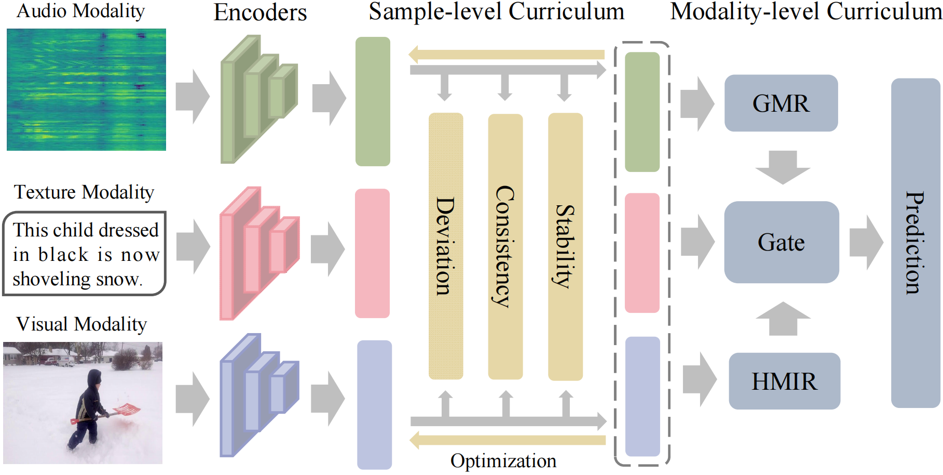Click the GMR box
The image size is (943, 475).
coord(781,103)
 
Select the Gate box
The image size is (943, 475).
coord(781,242)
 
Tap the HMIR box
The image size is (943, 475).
coord(784,381)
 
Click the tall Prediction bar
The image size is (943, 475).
coord(915,243)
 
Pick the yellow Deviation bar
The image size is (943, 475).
coord(445,246)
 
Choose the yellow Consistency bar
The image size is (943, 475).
coord(505,246)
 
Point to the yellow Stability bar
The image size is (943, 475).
coord(565,246)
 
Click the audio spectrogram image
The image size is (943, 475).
coord(86,89)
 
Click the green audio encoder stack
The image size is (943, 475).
coord(258,99)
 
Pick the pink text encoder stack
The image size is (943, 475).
coord(258,253)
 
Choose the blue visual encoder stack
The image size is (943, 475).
coord(258,395)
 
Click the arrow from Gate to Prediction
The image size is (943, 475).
coord(866,242)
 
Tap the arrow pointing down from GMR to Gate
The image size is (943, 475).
coord(783,167)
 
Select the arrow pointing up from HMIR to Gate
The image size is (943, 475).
coord(783,318)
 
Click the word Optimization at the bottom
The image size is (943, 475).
coord(503,461)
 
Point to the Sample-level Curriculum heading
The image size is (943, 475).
coord(496,12)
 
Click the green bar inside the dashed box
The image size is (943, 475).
coord(642,112)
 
